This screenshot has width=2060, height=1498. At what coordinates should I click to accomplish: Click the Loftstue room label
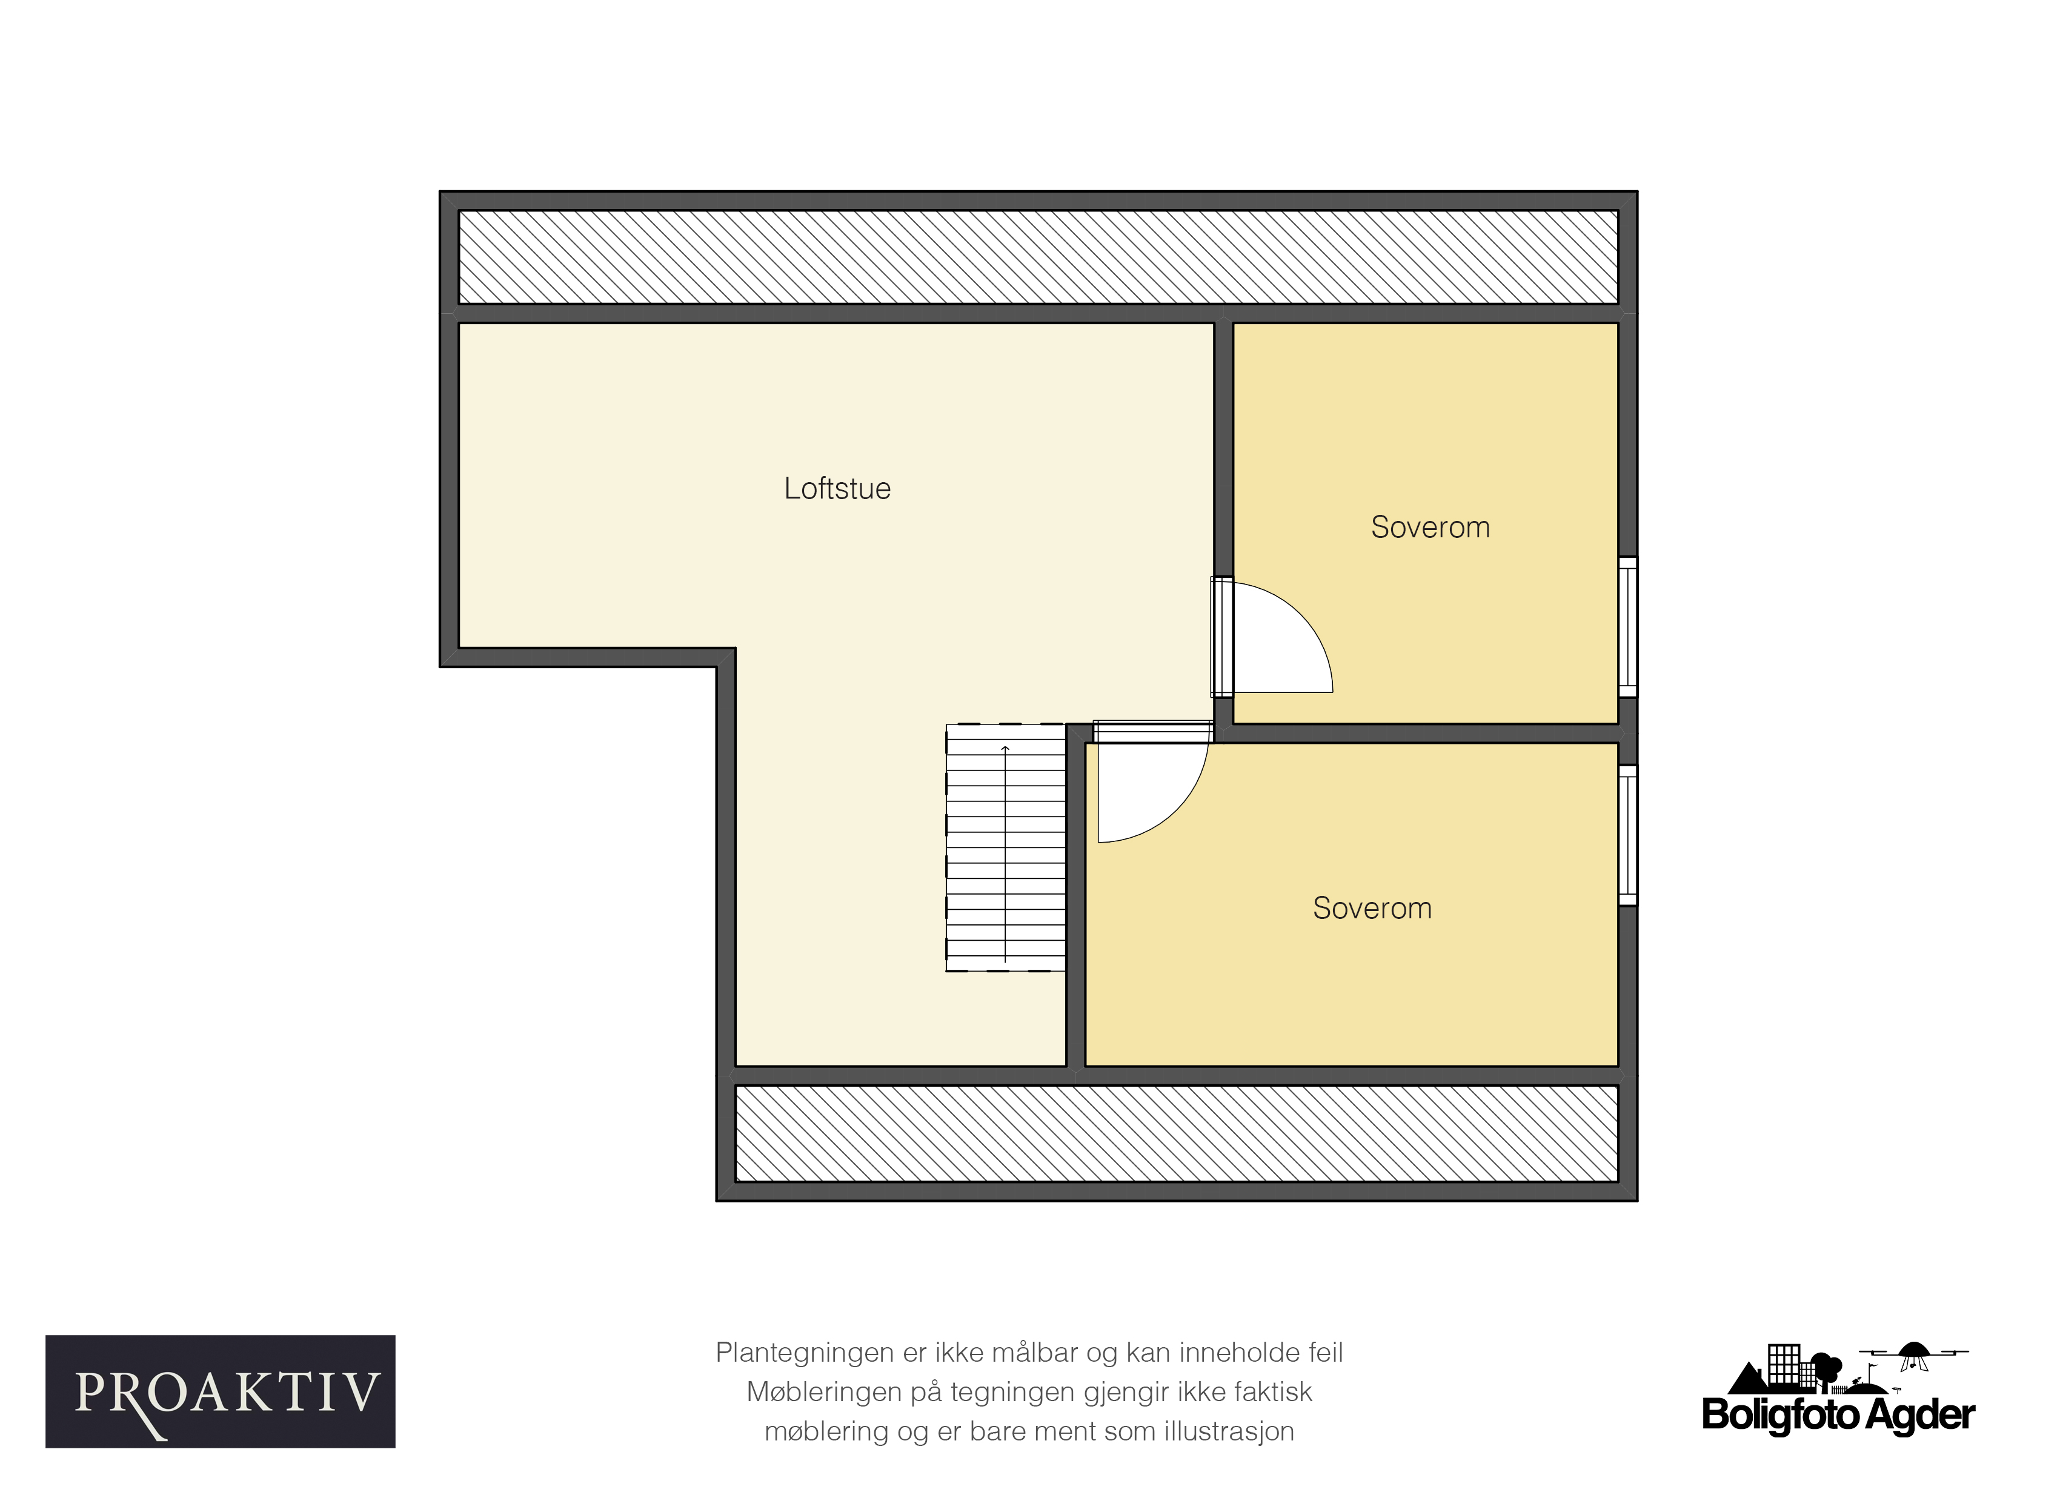(837, 488)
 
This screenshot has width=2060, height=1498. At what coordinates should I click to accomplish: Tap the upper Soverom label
(1430, 528)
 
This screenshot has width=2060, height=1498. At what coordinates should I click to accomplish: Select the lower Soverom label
(1372, 908)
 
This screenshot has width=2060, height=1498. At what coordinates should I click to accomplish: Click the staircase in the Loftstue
(1006, 847)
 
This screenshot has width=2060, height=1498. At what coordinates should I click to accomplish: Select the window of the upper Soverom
(1627, 626)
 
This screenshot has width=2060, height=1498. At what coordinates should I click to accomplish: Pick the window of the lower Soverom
(1627, 835)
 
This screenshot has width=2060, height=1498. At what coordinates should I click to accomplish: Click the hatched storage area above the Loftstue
(1038, 257)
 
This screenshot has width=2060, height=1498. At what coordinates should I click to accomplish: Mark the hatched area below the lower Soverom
(1176, 1133)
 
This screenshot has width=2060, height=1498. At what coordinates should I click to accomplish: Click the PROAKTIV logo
(221, 1391)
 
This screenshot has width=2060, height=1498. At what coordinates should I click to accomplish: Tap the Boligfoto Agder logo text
(1838, 1414)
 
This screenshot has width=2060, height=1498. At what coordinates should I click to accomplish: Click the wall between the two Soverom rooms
(1425, 734)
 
